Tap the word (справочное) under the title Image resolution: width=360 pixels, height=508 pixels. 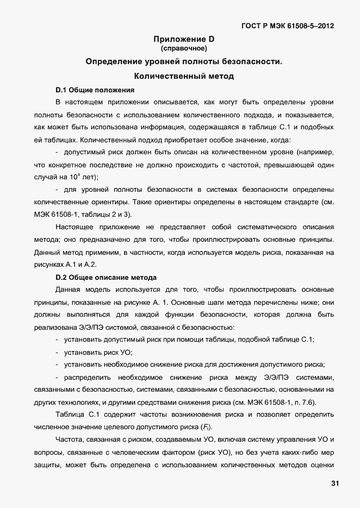tap(184, 48)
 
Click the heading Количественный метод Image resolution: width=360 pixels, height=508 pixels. tap(184, 76)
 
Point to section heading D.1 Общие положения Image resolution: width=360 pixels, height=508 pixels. tap(95, 89)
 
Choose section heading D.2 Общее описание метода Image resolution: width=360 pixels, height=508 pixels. tap(106, 277)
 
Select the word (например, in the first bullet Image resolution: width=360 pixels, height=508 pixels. tap(313, 153)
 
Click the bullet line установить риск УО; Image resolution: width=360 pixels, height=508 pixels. tap(95, 352)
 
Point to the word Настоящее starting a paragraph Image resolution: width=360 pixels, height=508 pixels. tap(76, 227)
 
